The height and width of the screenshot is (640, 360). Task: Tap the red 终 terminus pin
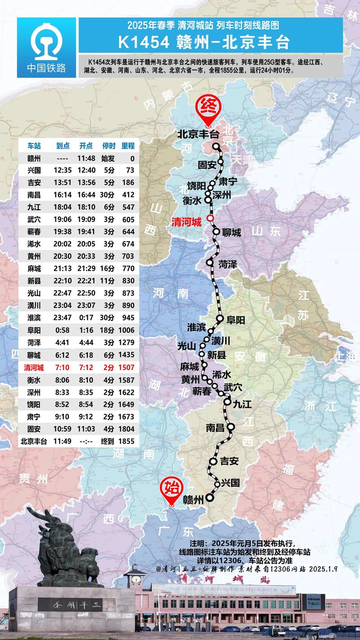(x=207, y=108)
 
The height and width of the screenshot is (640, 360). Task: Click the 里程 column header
(x=127, y=146)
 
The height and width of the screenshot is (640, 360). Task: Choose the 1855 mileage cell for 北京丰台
(x=126, y=441)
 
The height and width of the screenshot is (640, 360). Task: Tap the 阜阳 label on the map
(x=235, y=320)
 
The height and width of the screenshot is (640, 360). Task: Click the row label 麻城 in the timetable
(x=34, y=268)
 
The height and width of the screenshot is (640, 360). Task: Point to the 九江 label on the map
(x=242, y=404)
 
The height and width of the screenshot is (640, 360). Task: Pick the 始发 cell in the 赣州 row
(x=108, y=158)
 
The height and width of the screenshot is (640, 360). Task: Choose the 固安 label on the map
(x=207, y=165)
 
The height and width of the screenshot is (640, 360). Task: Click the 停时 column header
(x=108, y=146)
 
